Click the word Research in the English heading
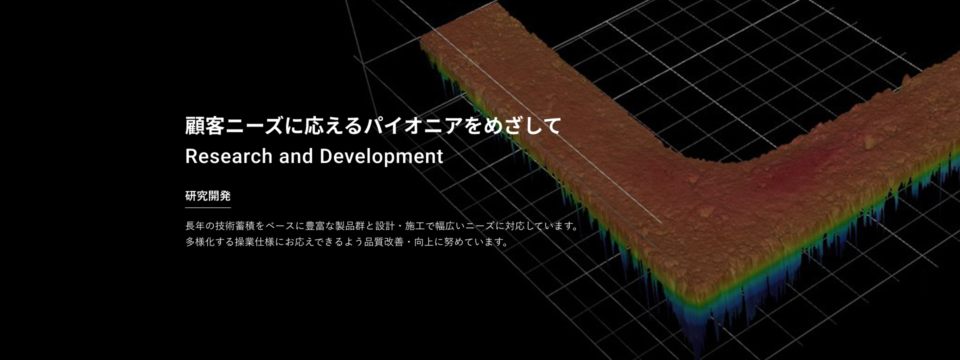[x=229, y=156]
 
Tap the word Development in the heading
[x=381, y=157]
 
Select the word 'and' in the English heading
[x=296, y=156]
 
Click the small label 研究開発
[x=208, y=196]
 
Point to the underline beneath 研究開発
[x=208, y=207]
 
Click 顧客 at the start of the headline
[x=205, y=126]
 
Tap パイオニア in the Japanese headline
[x=413, y=126]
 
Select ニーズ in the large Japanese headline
[x=254, y=126]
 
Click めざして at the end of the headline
[x=522, y=126]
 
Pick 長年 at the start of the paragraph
[x=195, y=226]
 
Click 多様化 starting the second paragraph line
[x=200, y=242]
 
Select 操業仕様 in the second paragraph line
[x=255, y=242]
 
